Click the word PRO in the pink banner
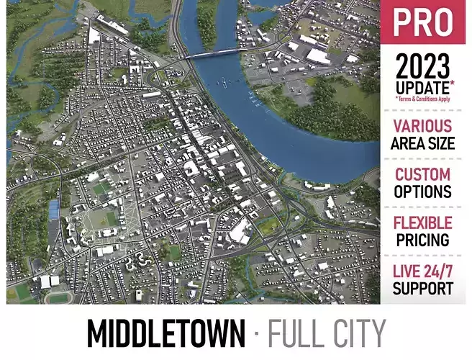[423, 23]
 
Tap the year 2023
[423, 68]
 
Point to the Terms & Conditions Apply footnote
[423, 99]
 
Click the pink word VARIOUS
[423, 127]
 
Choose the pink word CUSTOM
[423, 174]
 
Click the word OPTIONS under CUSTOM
[423, 192]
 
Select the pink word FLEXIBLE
[423, 222]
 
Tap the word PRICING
[423, 240]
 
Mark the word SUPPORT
[423, 288]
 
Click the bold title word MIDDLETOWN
[165, 333]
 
